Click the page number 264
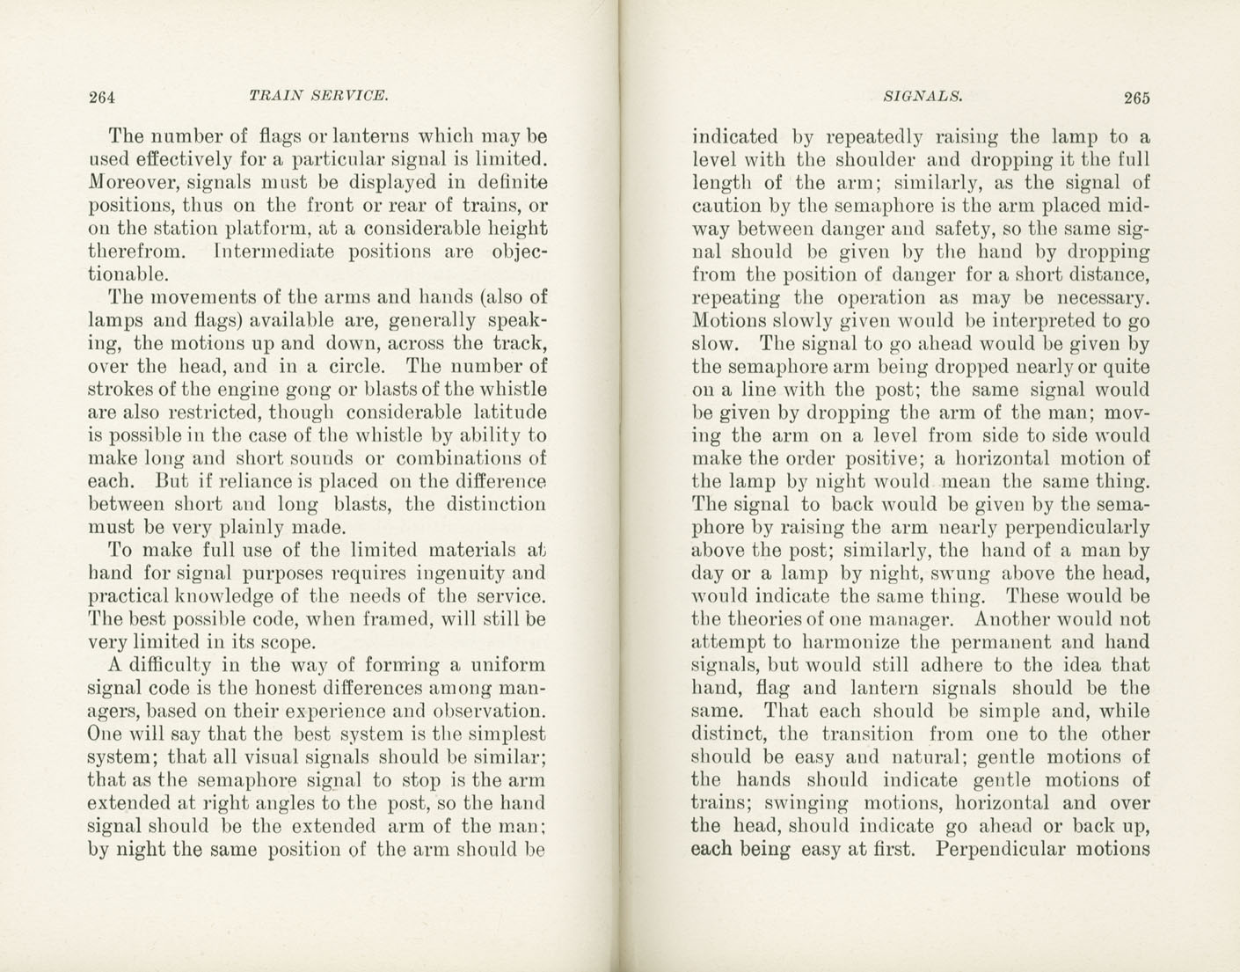click(x=103, y=97)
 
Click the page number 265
click(x=1135, y=98)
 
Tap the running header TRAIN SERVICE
click(x=318, y=95)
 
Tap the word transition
click(x=867, y=734)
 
